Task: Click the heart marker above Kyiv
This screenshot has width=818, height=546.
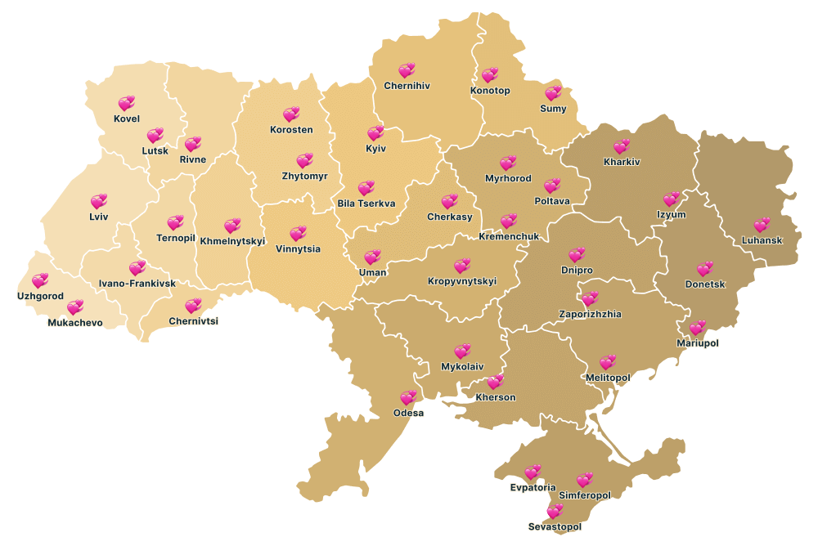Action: coord(375,132)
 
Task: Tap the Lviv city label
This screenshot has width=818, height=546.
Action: coord(98,217)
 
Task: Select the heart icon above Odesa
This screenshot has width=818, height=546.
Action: coord(408,398)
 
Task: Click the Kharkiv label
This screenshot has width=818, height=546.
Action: coord(622,162)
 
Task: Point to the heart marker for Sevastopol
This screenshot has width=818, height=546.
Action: coord(555,512)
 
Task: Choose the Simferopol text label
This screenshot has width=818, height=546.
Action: coord(584,495)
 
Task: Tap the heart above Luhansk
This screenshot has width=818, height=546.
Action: coord(762,225)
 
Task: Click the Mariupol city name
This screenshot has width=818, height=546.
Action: coord(697,343)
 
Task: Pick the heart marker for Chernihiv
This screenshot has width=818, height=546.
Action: coord(407,71)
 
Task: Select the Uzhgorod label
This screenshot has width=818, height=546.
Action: coord(40,296)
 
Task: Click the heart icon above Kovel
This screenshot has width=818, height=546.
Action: coord(126,103)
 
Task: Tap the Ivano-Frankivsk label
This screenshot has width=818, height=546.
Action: coord(137,284)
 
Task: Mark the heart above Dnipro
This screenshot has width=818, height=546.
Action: coord(577,255)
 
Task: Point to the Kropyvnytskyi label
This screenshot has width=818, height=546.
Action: coord(462,281)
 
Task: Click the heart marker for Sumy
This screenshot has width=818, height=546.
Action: coord(553,93)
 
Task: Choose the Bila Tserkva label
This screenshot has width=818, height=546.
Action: coord(366,204)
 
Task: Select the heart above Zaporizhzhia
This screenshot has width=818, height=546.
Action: coord(590,299)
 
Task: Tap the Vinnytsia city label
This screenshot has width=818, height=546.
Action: coord(298,248)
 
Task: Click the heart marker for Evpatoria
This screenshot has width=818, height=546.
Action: coord(533,472)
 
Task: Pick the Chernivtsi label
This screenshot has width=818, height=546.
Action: coord(193,321)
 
